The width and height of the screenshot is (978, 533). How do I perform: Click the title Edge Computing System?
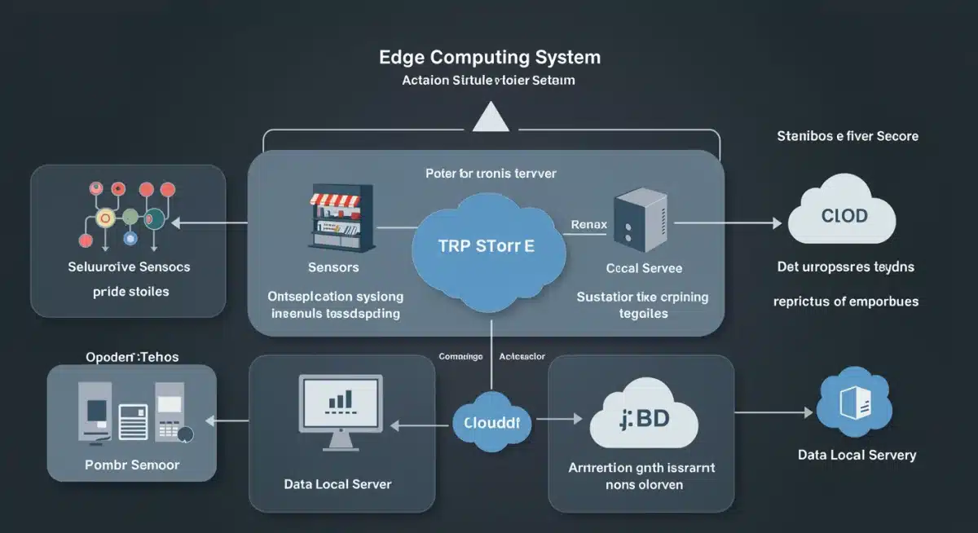490,58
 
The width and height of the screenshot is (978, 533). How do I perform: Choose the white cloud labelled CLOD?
844,216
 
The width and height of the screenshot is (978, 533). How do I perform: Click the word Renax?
588,224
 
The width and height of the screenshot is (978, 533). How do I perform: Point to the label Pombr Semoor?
132,465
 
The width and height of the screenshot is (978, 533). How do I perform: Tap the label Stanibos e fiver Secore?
848,136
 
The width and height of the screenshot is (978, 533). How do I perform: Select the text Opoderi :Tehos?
132,357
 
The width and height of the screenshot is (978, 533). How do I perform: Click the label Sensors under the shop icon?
333,267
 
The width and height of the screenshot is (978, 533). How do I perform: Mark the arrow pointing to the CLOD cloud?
725,221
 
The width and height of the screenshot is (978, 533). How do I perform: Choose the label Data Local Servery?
857,455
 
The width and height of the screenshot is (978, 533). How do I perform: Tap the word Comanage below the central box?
460,356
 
